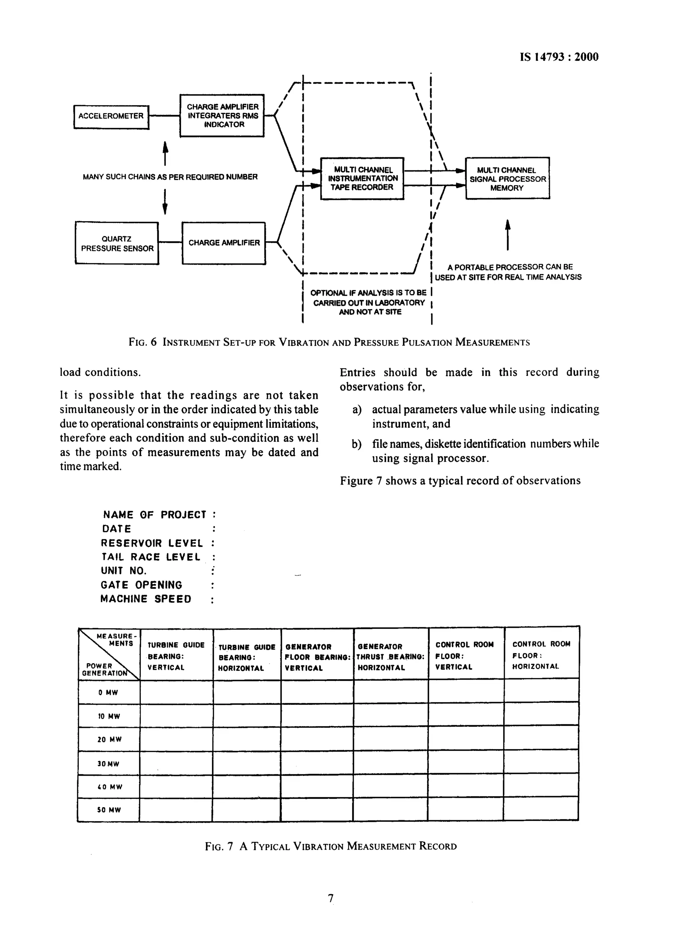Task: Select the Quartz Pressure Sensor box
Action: click(x=117, y=244)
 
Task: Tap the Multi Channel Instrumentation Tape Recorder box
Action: click(x=362, y=178)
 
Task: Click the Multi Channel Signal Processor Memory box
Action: click(x=507, y=178)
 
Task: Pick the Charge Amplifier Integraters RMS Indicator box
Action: click(x=222, y=116)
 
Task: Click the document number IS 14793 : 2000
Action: click(x=559, y=57)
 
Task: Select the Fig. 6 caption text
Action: click(x=329, y=342)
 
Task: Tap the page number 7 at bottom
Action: click(x=330, y=898)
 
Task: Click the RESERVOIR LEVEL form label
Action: click(x=152, y=543)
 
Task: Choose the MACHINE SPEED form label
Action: click(x=146, y=599)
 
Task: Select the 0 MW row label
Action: click(x=109, y=692)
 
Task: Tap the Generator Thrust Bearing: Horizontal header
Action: click(x=391, y=657)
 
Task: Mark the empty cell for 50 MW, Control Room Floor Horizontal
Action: click(x=541, y=809)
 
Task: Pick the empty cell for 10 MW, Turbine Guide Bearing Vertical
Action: click(x=176, y=716)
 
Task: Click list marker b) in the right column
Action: click(x=357, y=444)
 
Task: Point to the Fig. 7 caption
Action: click(x=330, y=846)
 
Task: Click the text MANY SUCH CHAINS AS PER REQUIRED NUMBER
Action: click(x=170, y=177)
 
